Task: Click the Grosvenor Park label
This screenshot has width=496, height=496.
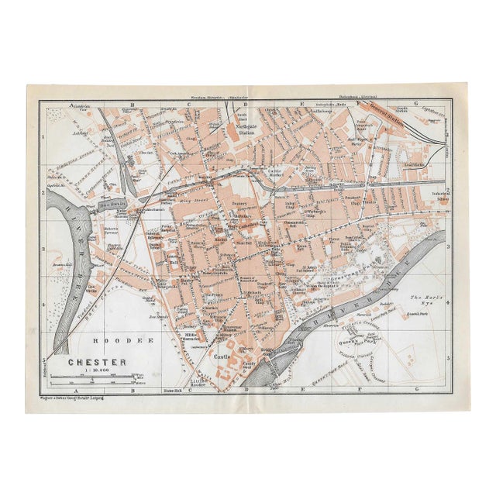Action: [332, 273]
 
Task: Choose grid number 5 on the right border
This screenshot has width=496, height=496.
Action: [449, 350]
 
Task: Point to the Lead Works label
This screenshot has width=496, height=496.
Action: [415, 164]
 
